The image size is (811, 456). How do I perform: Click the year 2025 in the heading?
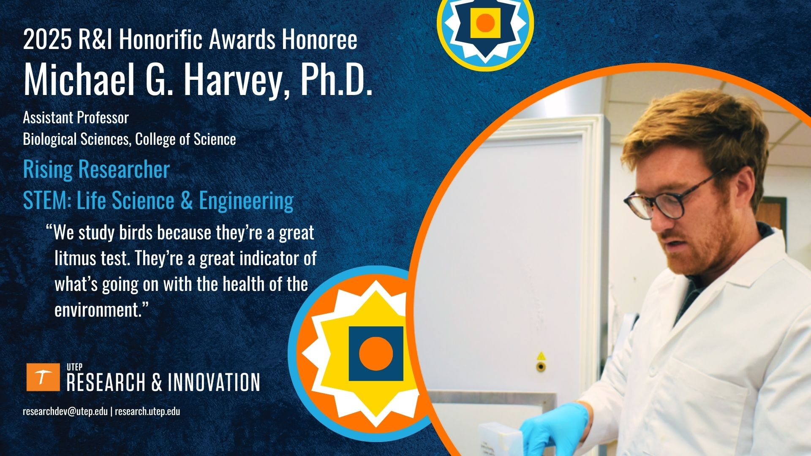pos(47,40)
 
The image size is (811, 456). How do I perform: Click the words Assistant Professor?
pos(76,118)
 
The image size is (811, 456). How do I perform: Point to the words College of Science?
pos(185,139)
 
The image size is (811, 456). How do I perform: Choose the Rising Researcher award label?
pos(96,170)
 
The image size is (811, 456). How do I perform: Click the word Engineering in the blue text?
pos(246,201)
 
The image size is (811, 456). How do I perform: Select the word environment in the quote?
pos(97,310)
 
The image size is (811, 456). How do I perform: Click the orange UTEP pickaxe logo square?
pos(43,377)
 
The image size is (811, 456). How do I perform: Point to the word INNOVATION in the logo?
pos(214,382)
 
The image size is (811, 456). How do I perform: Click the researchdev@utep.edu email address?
pos(65,412)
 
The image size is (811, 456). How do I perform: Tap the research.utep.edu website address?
pos(147,412)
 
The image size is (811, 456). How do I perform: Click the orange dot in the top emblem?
pos(485,23)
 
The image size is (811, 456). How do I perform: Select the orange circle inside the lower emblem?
pos(376,354)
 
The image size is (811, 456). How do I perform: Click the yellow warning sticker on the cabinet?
pos(541,356)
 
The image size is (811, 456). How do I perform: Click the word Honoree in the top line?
pos(319,40)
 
